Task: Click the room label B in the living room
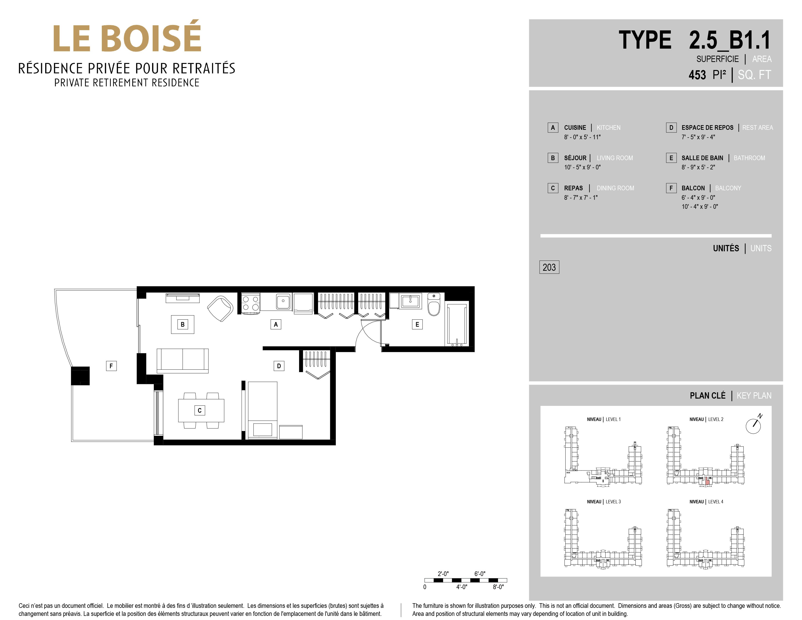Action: click(182, 324)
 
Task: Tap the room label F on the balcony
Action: click(111, 366)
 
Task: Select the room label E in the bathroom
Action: click(417, 324)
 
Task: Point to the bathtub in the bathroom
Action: click(457, 323)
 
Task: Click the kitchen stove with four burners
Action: click(250, 303)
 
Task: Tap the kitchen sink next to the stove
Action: click(283, 302)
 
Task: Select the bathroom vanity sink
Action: click(410, 301)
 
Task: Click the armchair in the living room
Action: click(220, 308)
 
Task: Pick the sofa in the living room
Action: click(182, 361)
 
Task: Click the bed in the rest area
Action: click(263, 410)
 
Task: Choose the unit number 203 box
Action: click(549, 267)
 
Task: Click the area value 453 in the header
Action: click(697, 75)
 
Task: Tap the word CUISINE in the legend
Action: click(575, 127)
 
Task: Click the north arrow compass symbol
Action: click(753, 425)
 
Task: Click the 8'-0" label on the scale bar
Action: click(498, 587)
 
